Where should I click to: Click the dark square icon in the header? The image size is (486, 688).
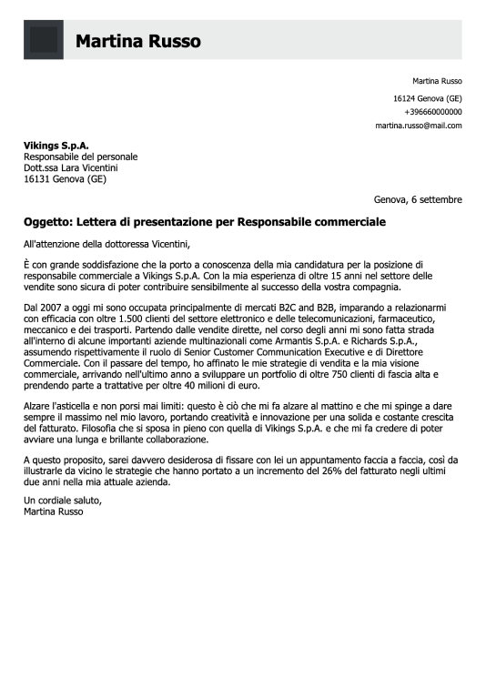pos(44,40)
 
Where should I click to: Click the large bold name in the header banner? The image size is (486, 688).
pos(137,41)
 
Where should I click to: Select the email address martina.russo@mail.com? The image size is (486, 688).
pos(419,126)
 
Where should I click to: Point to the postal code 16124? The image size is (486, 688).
pos(405,97)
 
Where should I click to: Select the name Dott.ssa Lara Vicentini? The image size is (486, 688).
pos(71,167)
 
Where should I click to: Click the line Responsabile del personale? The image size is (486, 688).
pos(79,157)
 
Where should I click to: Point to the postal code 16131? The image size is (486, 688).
pos(37,179)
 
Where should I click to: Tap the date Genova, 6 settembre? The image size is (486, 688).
pos(418,199)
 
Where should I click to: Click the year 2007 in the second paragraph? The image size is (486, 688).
pos(55,309)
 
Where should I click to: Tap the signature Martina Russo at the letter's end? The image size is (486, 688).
pos(54,511)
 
